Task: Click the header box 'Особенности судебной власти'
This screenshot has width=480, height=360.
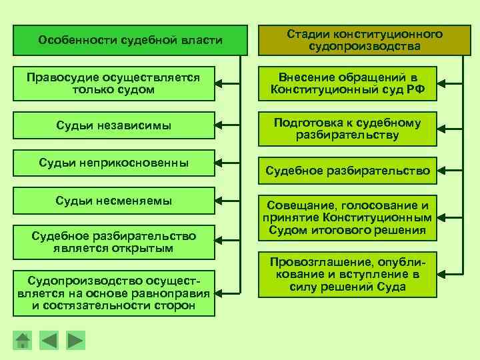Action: click(131, 41)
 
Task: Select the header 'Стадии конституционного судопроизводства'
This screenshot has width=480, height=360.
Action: click(365, 41)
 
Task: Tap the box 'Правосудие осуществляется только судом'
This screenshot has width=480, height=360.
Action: click(113, 84)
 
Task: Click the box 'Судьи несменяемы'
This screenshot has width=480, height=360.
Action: click(113, 201)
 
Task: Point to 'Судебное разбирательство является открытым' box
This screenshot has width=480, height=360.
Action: click(113, 242)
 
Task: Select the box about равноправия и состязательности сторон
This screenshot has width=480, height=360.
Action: click(113, 291)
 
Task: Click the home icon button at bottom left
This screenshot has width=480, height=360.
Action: click(23, 341)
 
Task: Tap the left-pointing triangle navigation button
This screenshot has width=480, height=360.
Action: click(50, 341)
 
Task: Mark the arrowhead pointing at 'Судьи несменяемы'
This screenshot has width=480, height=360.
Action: click(220, 201)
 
